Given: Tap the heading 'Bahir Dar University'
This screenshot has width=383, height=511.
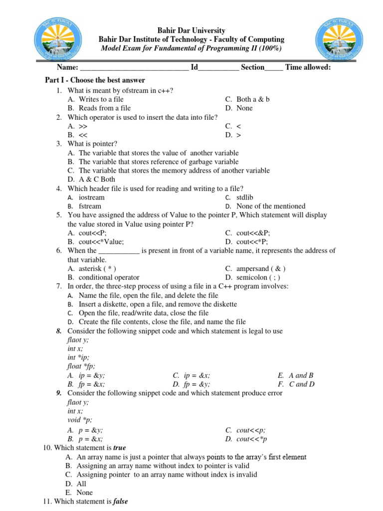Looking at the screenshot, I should [191, 30].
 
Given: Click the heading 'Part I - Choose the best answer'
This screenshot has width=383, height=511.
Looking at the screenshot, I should [95, 80].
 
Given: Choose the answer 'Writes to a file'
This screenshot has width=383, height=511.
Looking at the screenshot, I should [101, 99].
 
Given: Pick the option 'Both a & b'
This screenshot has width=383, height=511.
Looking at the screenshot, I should [253, 99].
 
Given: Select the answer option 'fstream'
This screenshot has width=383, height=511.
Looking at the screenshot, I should [90, 206].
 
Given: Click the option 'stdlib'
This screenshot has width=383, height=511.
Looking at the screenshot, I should [245, 197].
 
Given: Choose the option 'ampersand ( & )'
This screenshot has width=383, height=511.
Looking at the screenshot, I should [261, 268].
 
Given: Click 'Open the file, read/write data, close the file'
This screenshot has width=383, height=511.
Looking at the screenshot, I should [144, 313].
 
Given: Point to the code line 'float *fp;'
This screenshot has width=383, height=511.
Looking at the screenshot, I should [81, 366].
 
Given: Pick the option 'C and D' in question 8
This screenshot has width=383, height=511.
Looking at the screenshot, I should [302, 384].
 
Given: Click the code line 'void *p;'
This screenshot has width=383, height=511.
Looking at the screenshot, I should [80, 420].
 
